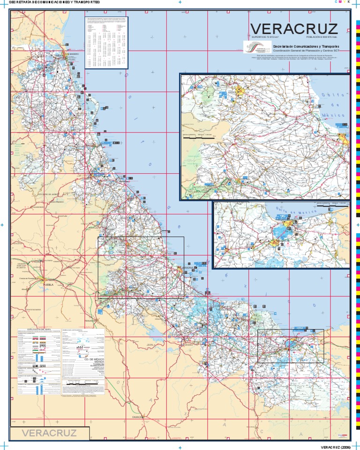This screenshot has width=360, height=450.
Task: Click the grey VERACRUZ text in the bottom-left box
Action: click(x=49, y=433)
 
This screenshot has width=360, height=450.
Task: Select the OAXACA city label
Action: click(x=138, y=416)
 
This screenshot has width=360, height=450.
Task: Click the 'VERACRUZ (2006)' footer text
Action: click(x=336, y=447)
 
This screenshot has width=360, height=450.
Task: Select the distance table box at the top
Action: click(x=106, y=43)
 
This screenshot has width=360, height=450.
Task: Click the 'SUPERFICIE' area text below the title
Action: click(x=265, y=37)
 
